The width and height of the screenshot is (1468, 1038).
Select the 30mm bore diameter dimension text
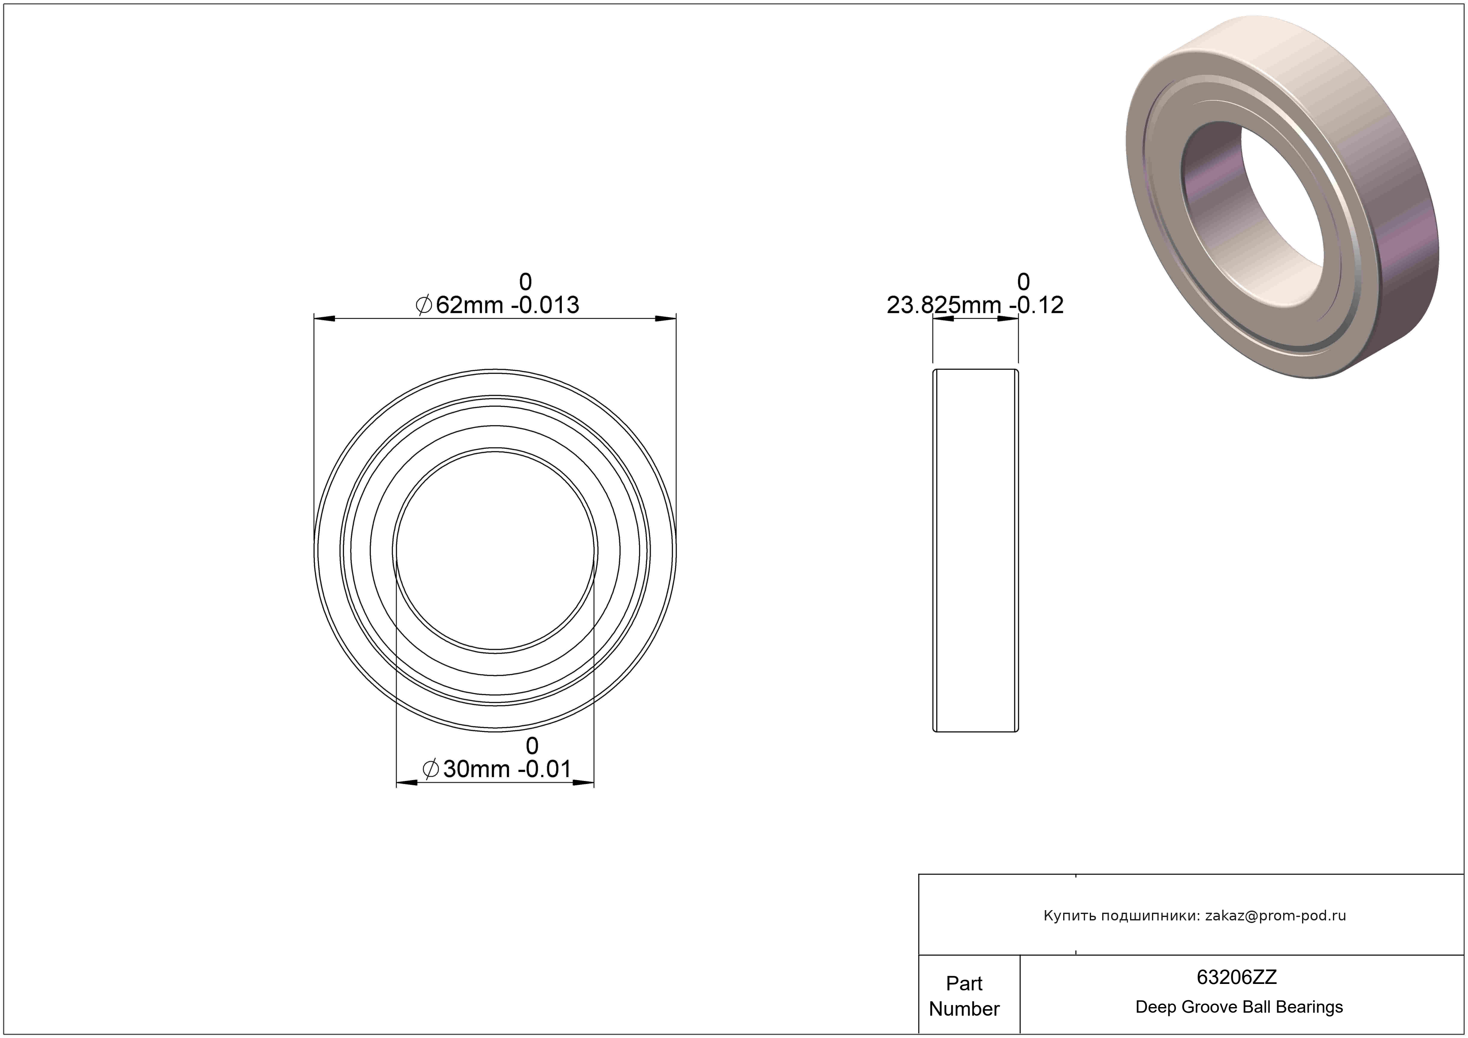click(496, 769)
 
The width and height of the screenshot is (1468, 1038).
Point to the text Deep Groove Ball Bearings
click(1239, 1007)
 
